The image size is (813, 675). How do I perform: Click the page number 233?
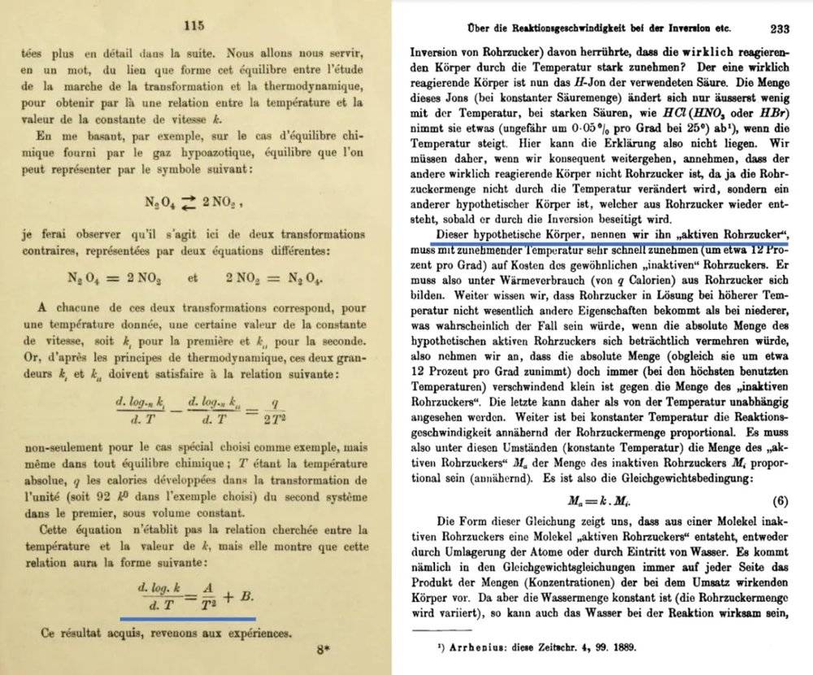(780, 28)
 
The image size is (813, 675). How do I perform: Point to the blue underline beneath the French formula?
(187, 618)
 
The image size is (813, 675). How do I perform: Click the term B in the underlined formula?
(248, 596)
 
